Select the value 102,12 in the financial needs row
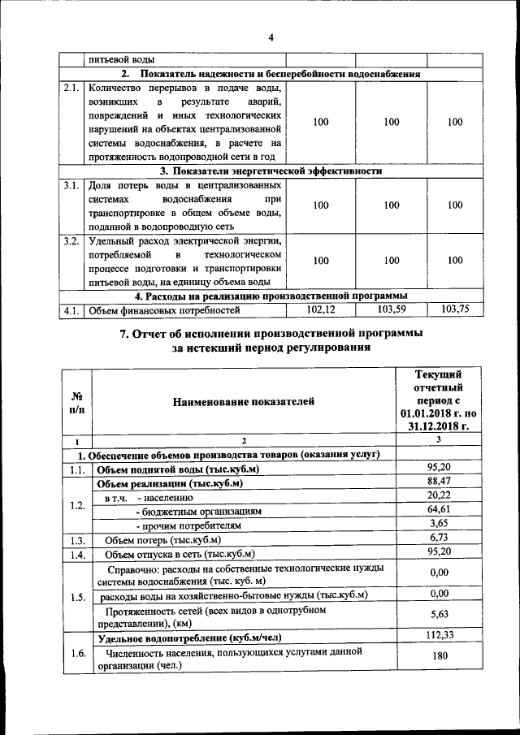click(321, 309)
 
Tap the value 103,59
click(391, 309)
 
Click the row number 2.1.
click(71, 88)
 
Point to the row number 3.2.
click(71, 241)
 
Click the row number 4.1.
click(71, 310)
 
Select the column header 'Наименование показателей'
click(242, 400)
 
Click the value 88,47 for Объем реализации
click(439, 482)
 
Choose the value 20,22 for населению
click(439, 496)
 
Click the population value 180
click(439, 658)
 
